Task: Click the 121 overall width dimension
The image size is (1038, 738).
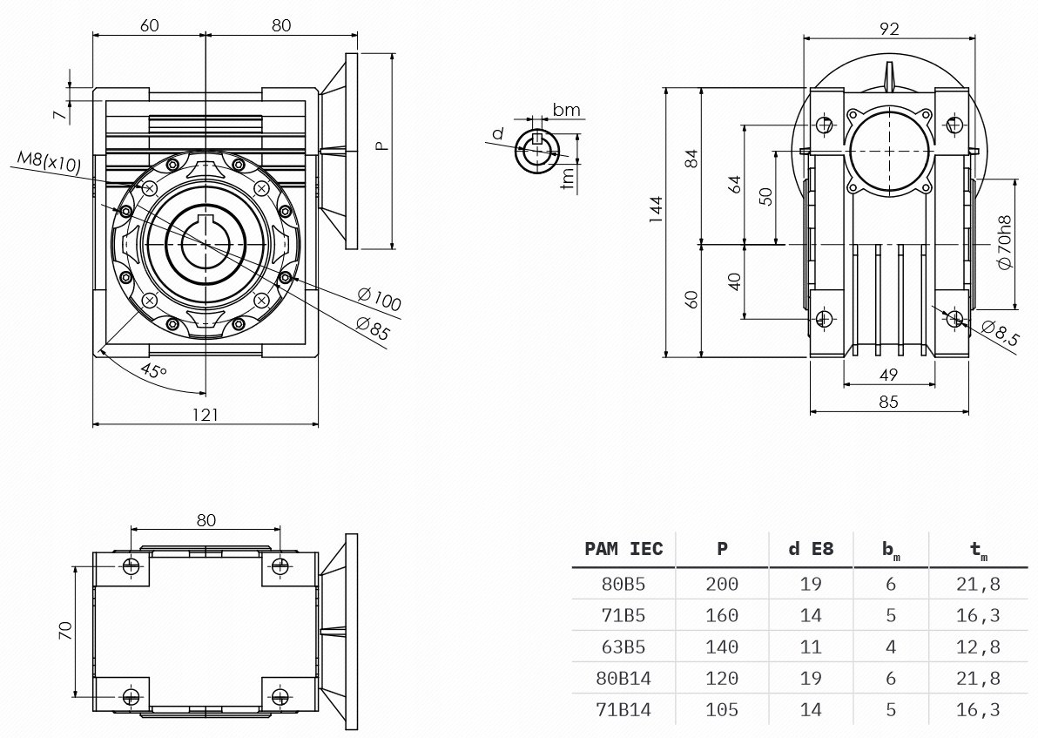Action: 206,415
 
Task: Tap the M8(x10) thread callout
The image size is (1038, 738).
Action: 49,162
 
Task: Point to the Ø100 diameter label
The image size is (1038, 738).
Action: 380,299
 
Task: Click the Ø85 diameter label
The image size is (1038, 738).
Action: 372,328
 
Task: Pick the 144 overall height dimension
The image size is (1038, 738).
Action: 656,209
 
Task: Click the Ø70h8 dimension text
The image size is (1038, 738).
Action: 1004,242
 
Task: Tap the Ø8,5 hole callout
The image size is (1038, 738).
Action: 1000,333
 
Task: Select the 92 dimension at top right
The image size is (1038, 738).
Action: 889,29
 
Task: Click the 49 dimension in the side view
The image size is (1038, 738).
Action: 888,375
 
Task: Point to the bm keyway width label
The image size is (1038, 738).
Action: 567,109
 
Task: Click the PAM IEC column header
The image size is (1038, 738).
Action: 623,549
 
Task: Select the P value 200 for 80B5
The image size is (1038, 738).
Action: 722,584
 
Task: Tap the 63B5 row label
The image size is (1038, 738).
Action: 623,647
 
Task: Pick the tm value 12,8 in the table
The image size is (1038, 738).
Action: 978,647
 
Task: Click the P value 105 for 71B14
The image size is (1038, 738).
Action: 722,709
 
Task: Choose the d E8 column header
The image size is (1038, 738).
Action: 811,549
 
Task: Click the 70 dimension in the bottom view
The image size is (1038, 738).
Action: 64,630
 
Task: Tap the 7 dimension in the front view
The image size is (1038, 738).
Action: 60,115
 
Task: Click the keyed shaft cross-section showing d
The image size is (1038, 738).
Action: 537,152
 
